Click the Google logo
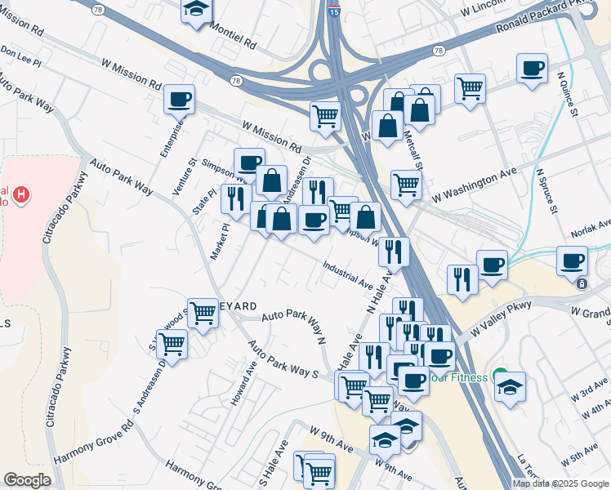click(x=27, y=480)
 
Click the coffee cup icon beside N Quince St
click(x=533, y=68)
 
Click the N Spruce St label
click(x=546, y=192)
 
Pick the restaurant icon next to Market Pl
click(x=235, y=198)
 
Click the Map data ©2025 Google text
click(x=560, y=483)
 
